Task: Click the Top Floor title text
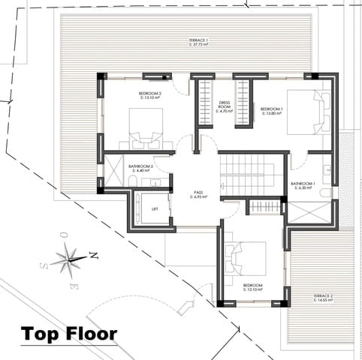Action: point(68,333)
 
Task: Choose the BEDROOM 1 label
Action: point(271,108)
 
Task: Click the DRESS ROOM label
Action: point(224,105)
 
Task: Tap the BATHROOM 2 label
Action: point(141,166)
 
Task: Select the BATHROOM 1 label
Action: point(303,183)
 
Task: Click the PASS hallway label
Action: point(198,192)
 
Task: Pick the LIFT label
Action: point(154,208)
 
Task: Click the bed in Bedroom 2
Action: point(146,129)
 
